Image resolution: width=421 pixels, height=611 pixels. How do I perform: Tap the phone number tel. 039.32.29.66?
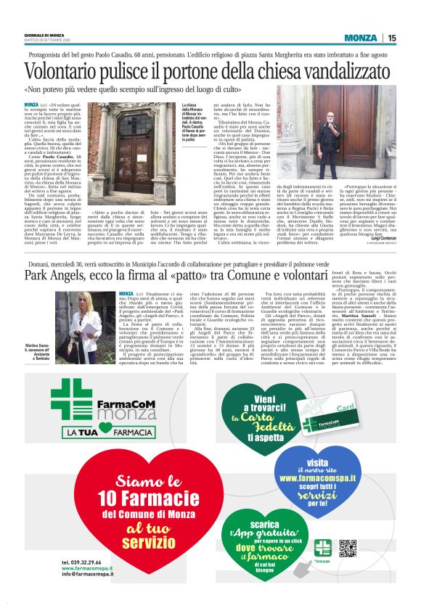click(85, 563)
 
